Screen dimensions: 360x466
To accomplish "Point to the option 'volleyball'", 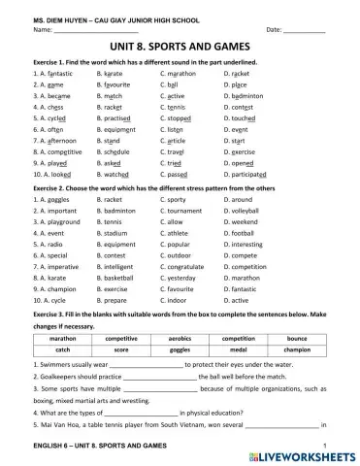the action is click(x=246, y=210).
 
